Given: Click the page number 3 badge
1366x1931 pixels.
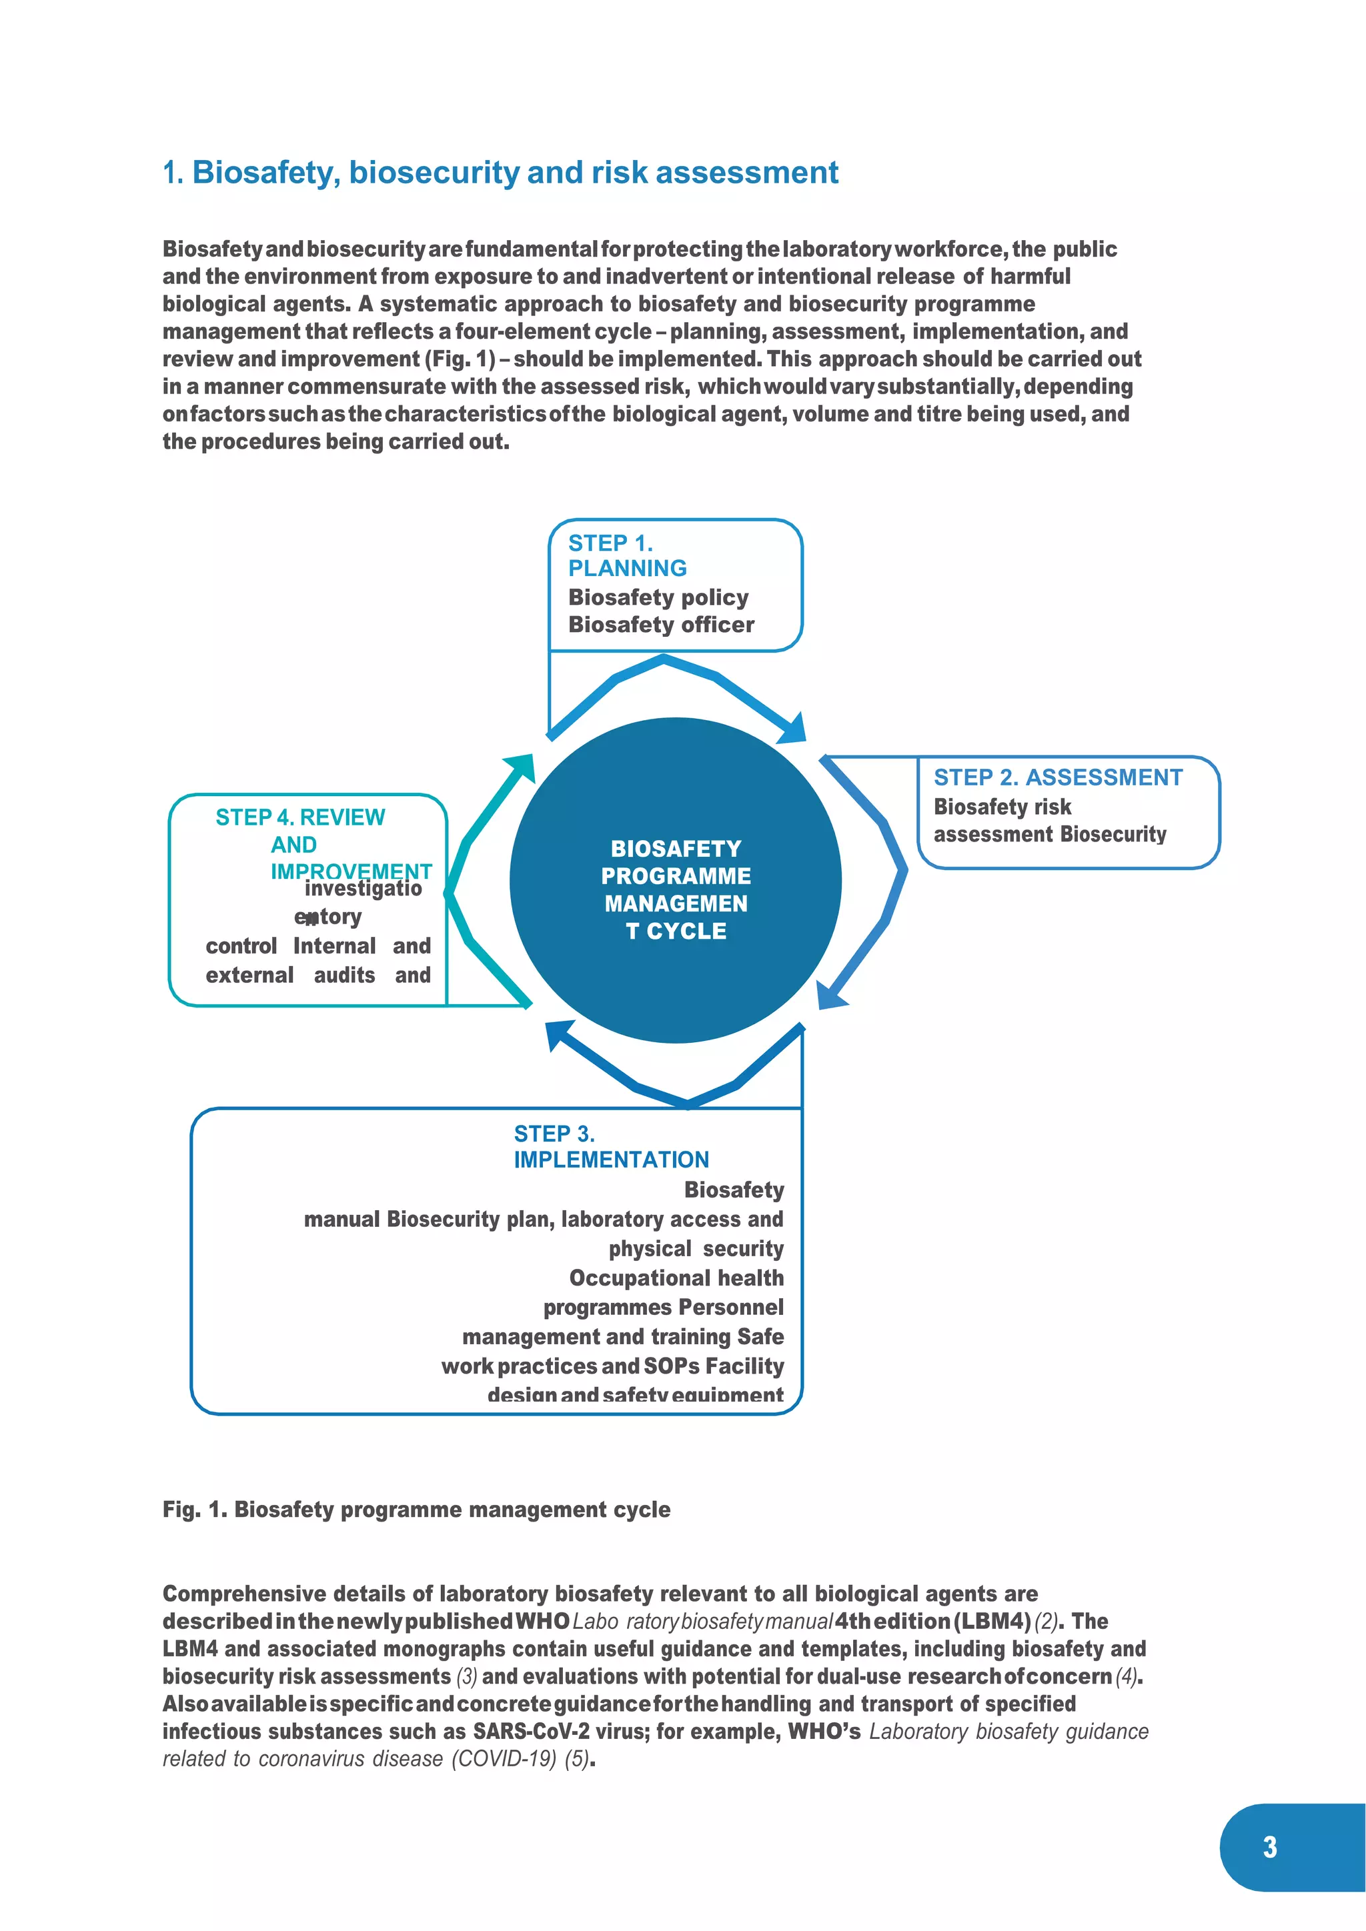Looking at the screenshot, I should (1269, 1847).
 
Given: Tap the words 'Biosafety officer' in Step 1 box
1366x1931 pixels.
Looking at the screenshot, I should (661, 625).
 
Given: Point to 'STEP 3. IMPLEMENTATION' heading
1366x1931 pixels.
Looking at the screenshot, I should (611, 1146).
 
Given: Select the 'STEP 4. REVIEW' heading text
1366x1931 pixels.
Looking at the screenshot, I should (300, 817).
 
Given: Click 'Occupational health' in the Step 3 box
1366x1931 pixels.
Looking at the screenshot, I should (676, 1278).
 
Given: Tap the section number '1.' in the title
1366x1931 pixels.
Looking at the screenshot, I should (173, 173).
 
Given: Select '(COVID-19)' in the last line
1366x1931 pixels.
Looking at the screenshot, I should (504, 1758).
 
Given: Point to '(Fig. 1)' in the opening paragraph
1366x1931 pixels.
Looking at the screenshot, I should (461, 359).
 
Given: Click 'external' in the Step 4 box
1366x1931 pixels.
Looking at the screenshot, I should (250, 975).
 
